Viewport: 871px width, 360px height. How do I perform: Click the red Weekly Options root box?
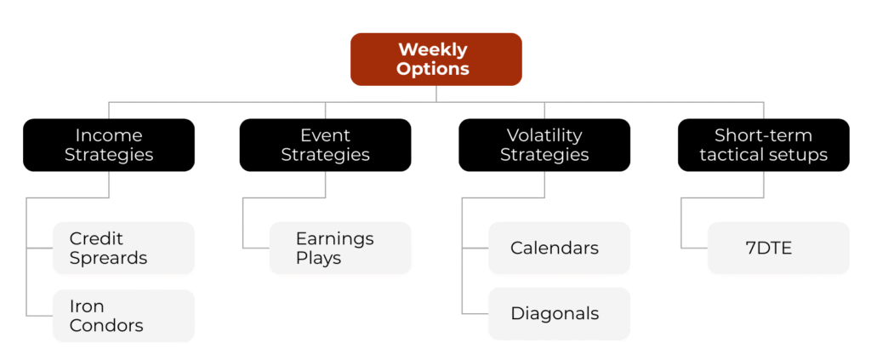tap(436, 60)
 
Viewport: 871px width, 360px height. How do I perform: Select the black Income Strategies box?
tap(109, 145)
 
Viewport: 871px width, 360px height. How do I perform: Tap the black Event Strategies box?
tap(326, 145)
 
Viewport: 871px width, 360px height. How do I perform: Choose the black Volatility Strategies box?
tap(544, 145)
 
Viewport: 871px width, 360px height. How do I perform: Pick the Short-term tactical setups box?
tap(764, 145)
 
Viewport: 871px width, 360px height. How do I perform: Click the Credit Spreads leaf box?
tap(124, 248)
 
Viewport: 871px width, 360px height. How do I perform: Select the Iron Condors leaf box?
tap(124, 316)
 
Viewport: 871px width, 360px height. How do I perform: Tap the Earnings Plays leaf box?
tap(340, 248)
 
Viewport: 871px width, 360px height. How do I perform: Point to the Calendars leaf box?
tap(560, 248)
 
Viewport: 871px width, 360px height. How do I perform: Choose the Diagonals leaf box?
tap(560, 313)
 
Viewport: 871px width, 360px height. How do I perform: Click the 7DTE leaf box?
tap(779, 248)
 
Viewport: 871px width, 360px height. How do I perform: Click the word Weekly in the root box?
tap(433, 50)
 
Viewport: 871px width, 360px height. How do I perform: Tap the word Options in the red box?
tap(433, 69)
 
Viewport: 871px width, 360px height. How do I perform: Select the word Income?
tap(109, 135)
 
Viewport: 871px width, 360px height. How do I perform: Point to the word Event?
tap(326, 135)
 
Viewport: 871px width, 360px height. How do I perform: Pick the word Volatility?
tap(544, 135)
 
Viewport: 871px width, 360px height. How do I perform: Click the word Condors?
tap(106, 325)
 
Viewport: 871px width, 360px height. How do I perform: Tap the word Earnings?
tap(335, 239)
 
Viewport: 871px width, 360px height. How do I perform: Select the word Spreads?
tap(108, 259)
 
